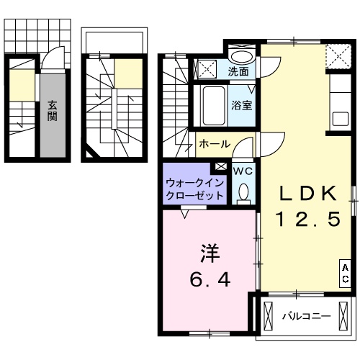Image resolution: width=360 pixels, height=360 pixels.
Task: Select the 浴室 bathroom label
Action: pyautogui.click(x=240, y=105)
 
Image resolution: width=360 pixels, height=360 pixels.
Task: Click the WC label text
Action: pyautogui.click(x=242, y=171)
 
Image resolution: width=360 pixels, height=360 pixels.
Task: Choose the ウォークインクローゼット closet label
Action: pyautogui.click(x=194, y=189)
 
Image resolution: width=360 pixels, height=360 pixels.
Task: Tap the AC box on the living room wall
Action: pyautogui.click(x=346, y=273)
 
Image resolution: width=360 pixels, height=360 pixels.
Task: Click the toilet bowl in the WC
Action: pyautogui.click(x=243, y=191)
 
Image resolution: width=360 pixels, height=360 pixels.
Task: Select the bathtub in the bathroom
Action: pyautogui.click(x=211, y=105)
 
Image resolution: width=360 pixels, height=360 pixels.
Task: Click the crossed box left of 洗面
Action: pyautogui.click(x=207, y=70)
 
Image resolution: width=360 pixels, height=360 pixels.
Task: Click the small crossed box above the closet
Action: pyautogui.click(x=220, y=167)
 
